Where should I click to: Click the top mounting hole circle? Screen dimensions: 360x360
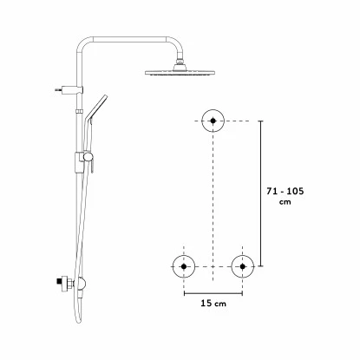[212, 121]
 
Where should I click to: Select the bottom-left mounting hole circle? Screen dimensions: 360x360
[183, 265]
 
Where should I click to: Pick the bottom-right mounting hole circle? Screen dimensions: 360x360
[241, 265]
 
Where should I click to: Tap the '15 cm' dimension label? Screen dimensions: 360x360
[213, 304]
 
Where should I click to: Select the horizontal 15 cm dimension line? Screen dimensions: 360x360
[213, 291]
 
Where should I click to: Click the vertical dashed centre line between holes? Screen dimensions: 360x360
[212, 200]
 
